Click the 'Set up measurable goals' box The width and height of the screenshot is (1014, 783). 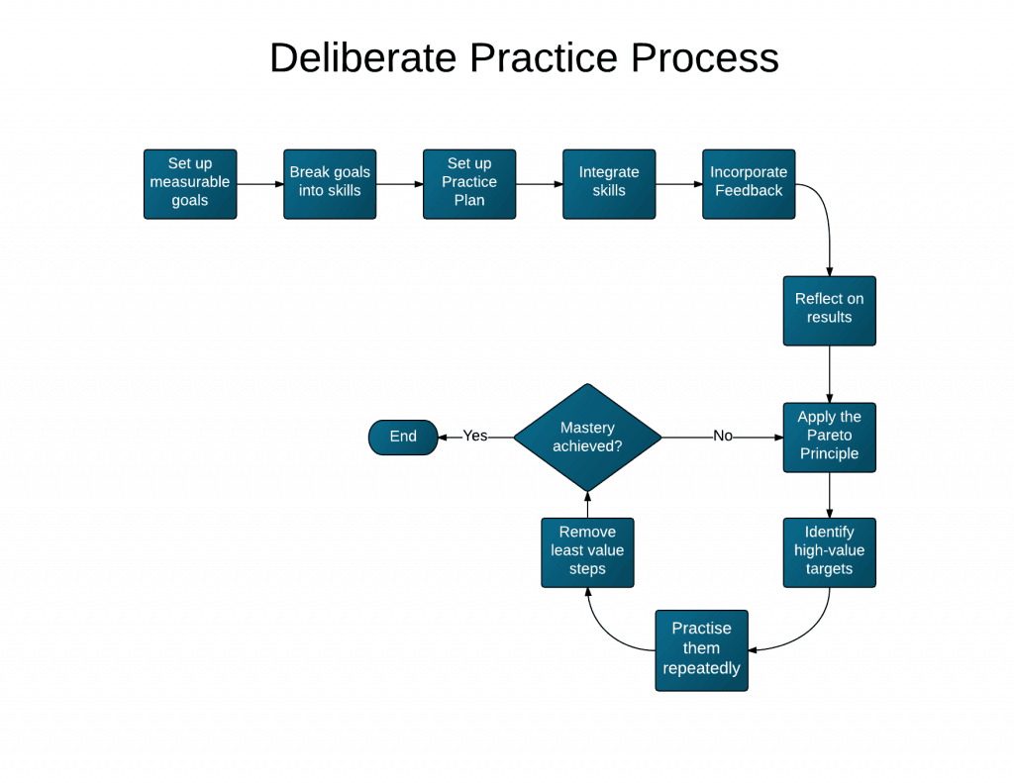[190, 183]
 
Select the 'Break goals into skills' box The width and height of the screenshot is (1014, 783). [330, 183]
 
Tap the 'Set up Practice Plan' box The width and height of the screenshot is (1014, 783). [469, 183]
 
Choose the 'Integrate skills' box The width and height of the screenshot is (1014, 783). [609, 183]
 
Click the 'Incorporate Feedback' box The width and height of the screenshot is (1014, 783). [749, 183]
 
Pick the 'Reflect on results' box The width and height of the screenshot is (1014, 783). [829, 310]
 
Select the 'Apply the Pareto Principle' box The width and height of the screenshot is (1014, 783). [829, 437]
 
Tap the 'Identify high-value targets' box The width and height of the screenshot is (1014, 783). [829, 551]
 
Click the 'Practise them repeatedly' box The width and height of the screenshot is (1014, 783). [701, 649]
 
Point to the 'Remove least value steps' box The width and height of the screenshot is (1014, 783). [587, 551]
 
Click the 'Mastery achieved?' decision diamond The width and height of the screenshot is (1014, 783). [587, 437]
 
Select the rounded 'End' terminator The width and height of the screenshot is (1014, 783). [403, 437]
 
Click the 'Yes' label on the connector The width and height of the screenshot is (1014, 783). [475, 437]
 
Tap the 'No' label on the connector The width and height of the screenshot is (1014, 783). [723, 437]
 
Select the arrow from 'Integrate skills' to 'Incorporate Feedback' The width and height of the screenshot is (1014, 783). [678, 184]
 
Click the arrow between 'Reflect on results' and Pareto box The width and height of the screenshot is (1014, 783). [829, 373]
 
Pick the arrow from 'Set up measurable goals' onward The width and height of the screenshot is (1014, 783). [259, 184]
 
